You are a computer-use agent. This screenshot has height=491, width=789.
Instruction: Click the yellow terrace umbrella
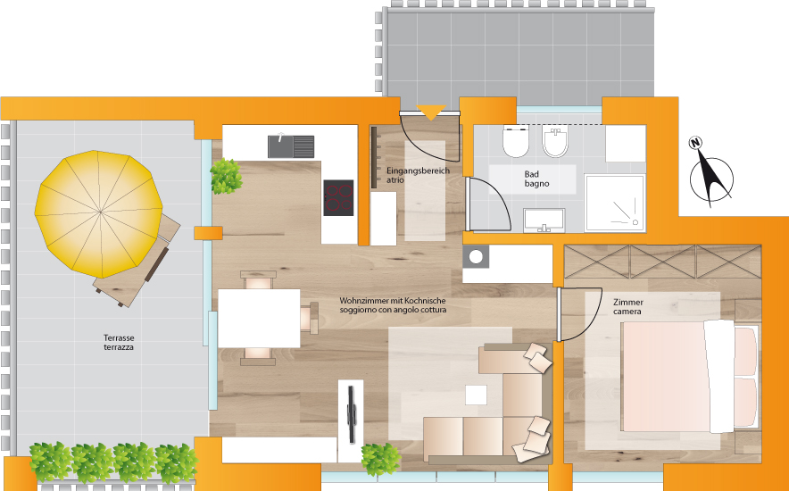pos(99,213)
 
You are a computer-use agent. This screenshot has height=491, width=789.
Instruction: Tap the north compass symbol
pos(710,173)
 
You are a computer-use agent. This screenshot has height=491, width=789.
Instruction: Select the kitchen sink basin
pos(291,146)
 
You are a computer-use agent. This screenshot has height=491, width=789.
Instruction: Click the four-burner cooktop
pos(338,197)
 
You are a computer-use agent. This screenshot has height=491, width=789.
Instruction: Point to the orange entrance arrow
pos(431,112)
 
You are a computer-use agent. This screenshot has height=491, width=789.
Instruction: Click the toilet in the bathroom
pos(516,141)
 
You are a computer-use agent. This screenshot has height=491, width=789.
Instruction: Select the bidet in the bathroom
pos(555,142)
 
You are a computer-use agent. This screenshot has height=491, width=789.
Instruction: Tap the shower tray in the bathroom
pos(615,203)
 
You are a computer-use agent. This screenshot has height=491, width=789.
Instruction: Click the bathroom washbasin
pos(544,221)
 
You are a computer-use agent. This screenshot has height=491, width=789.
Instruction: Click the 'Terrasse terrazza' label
pos(119,343)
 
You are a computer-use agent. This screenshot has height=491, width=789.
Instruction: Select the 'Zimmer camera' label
pos(628,307)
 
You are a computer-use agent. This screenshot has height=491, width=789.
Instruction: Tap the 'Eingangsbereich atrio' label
pos(418,175)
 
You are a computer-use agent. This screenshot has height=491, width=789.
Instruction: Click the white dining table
pos(259,318)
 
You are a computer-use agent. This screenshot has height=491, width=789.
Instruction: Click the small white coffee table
pos(476,395)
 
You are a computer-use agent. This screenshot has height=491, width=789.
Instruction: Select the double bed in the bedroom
pos(689,377)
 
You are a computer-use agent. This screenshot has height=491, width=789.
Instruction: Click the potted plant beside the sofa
pos(381,459)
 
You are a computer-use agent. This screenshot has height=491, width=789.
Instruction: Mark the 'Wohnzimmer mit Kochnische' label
pos(393,300)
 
